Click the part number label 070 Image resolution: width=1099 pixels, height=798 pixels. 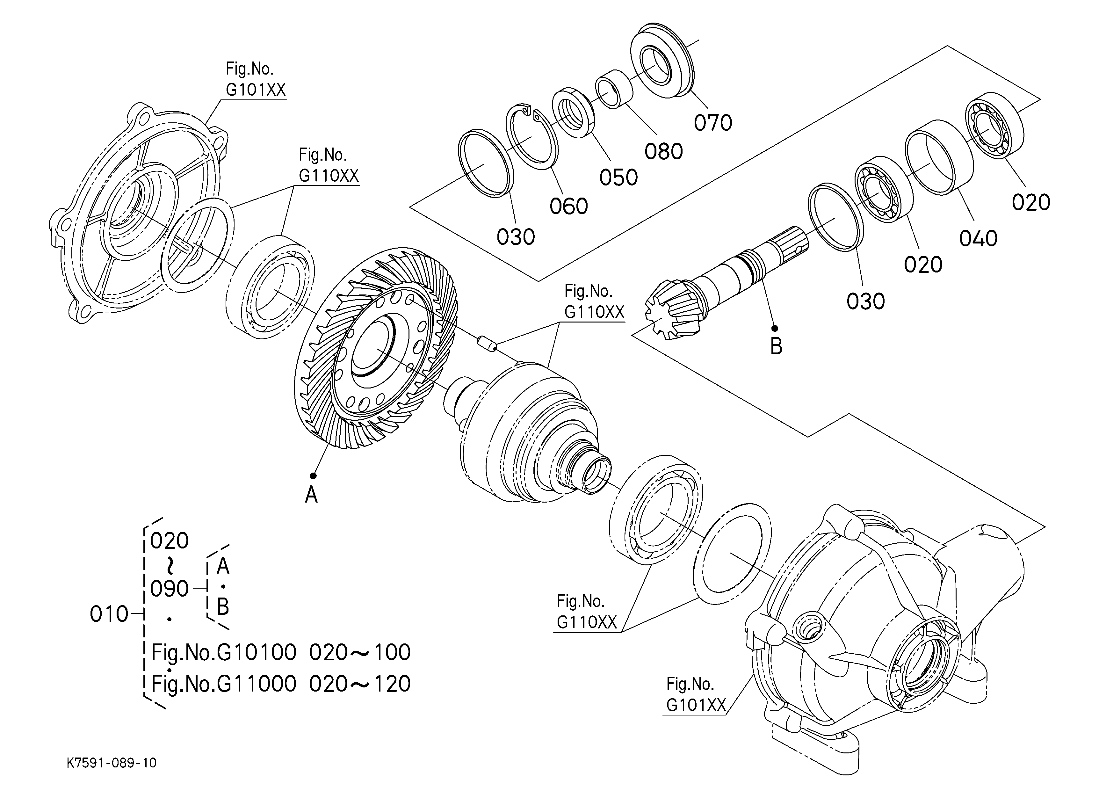point(713,123)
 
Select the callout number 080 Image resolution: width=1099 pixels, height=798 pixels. point(663,152)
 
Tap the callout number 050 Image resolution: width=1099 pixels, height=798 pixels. point(618,178)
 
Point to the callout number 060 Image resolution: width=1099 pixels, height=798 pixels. point(568,207)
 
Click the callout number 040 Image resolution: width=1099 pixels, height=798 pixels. point(978,238)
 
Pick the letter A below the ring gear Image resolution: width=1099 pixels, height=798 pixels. point(311,495)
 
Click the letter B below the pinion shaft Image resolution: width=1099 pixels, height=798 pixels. point(776,346)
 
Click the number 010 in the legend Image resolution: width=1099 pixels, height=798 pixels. point(109,614)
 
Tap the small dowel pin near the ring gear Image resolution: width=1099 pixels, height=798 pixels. point(486,343)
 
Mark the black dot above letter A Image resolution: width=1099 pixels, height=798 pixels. point(313,476)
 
